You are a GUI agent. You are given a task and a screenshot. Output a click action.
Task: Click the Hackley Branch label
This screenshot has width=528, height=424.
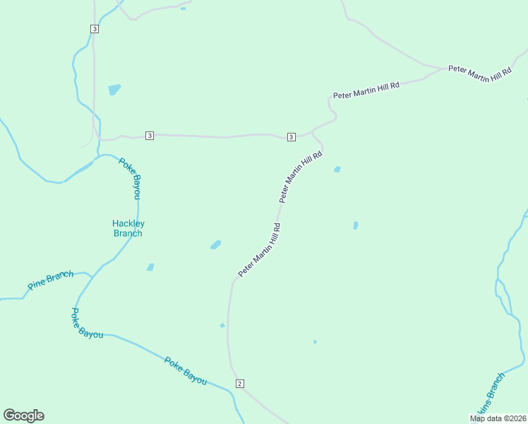click(x=128, y=228)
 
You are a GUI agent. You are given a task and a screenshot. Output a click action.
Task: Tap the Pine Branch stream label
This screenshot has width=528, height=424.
click(x=50, y=281)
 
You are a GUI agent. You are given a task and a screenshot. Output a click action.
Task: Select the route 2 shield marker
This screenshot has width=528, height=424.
click(x=240, y=384)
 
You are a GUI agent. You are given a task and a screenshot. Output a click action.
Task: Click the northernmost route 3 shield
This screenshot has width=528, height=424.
click(x=94, y=28)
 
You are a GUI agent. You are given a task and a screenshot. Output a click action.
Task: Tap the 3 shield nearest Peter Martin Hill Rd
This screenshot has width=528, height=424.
click(x=291, y=136)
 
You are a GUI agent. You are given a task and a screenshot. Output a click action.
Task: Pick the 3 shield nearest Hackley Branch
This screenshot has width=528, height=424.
click(x=149, y=135)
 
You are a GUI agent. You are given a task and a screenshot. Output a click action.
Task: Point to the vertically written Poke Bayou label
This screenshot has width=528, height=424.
click(x=130, y=177)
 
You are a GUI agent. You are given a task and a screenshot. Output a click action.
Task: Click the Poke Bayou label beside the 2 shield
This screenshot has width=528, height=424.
click(x=185, y=371)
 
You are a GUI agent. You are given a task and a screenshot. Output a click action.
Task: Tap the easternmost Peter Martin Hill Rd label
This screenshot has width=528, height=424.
click(x=479, y=74)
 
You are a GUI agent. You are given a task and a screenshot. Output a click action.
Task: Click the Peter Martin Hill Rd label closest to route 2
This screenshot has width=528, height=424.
click(x=259, y=250)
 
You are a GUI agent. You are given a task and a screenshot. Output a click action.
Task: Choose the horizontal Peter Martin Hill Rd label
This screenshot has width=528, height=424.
click(x=366, y=90)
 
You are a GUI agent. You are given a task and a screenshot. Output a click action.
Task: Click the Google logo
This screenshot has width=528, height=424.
click(x=23, y=416)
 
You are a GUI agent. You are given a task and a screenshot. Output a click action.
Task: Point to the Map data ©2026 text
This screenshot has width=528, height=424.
click(x=498, y=418)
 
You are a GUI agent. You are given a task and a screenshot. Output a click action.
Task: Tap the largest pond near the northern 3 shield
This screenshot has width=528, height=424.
click(x=114, y=90)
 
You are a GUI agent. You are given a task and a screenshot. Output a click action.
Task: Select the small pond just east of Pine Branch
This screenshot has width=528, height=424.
click(x=150, y=267)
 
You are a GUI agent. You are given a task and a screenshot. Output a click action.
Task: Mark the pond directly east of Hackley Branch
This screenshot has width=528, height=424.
click(x=215, y=245)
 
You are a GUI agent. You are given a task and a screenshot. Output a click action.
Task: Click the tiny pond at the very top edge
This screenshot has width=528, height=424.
click(x=183, y=8)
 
